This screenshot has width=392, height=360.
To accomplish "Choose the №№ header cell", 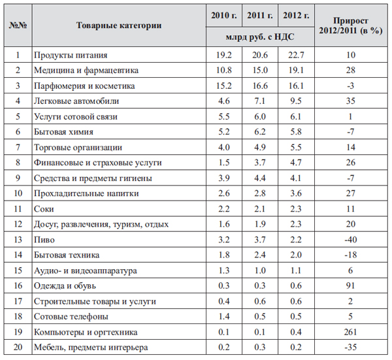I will click(18, 25).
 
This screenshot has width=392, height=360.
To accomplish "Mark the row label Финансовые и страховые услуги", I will click(97, 163).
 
